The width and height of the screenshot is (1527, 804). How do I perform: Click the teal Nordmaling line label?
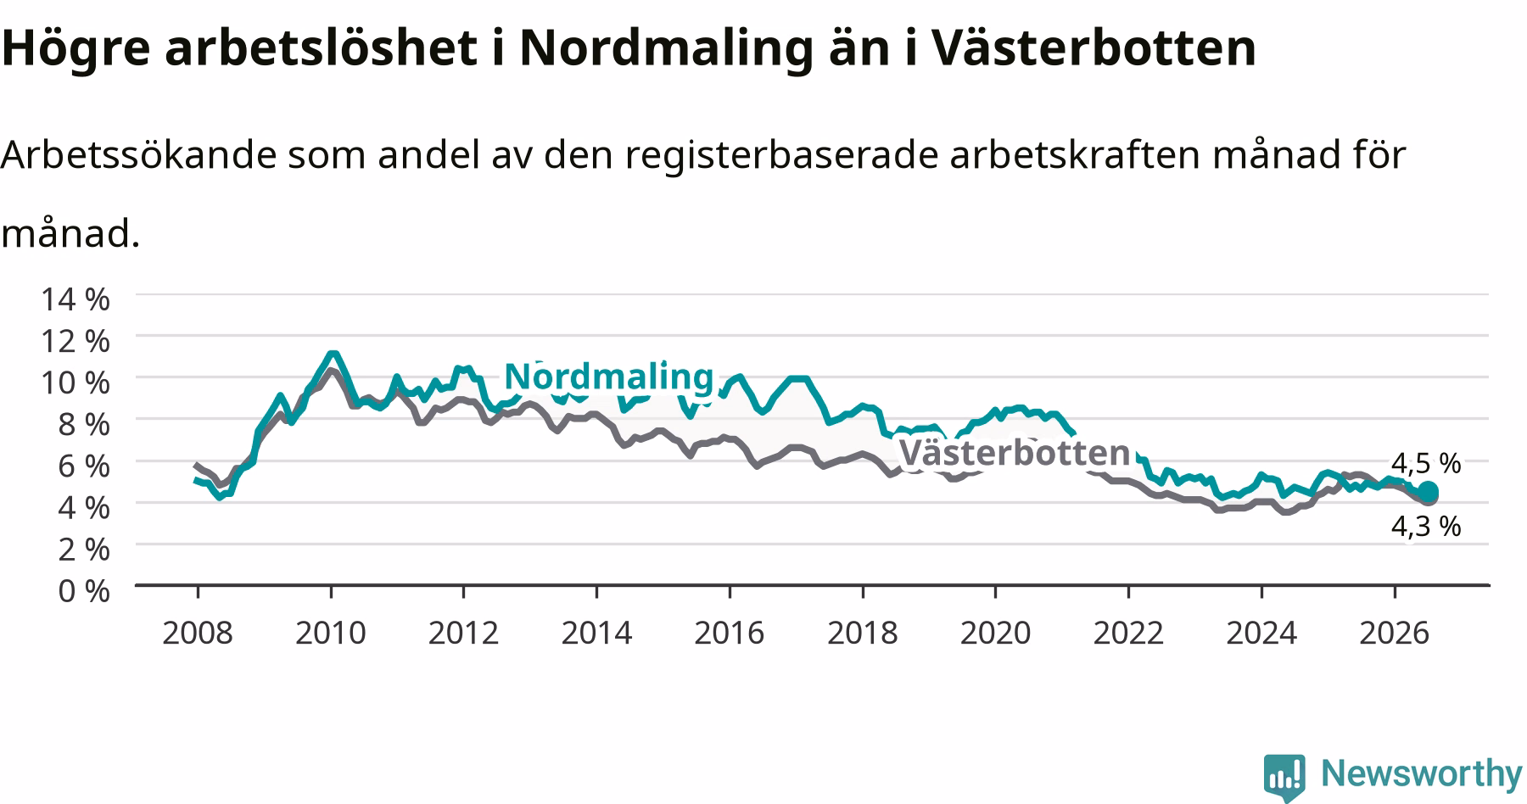coord(608,376)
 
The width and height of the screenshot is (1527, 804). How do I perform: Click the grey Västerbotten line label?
coord(1015,453)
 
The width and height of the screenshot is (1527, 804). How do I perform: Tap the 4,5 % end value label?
coord(1426,463)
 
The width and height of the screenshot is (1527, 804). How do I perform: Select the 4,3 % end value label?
coord(1426,527)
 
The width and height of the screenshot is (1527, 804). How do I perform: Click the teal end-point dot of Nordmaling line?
coord(1428,492)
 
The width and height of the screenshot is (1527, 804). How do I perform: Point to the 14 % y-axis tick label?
coord(75,299)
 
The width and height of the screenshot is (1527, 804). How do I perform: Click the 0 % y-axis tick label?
coord(84,590)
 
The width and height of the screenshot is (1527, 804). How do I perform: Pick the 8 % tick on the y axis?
coord(84,423)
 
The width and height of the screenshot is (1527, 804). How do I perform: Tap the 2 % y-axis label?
coord(84,549)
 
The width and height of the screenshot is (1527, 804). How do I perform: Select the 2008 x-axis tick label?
coord(198,633)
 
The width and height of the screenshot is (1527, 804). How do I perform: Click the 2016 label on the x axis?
coord(730,633)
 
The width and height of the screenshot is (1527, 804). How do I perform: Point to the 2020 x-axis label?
coord(995,633)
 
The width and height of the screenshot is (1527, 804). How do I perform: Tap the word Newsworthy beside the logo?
coord(1422,774)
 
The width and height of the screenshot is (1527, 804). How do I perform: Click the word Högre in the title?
coord(76,49)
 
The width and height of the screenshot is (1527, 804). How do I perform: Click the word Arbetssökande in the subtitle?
coord(138,155)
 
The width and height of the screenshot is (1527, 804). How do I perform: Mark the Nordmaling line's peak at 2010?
coord(332,354)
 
